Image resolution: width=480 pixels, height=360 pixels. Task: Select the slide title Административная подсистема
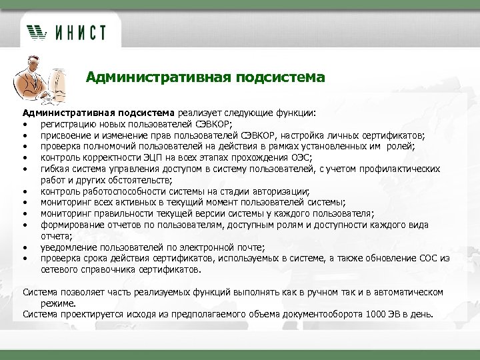(205, 78)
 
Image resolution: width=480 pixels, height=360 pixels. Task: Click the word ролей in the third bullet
(401, 147)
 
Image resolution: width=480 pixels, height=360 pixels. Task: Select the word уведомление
(71, 248)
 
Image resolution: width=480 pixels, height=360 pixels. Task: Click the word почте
(251, 248)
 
